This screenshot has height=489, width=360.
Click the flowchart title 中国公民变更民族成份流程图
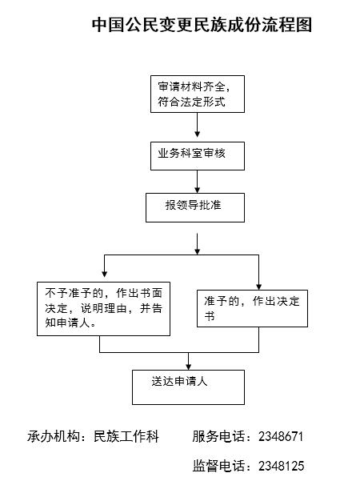coord(202,25)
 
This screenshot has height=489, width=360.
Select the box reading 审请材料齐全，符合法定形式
coord(198,94)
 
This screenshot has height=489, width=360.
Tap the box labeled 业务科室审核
coord(198,156)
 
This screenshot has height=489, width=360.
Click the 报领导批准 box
coord(195,207)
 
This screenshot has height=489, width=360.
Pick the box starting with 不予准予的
coord(103,309)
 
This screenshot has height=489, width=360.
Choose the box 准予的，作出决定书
coord(252,308)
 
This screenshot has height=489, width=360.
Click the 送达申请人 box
coord(188,387)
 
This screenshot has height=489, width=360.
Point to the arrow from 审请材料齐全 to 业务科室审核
coord(197,125)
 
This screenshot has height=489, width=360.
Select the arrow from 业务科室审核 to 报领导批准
coord(197,182)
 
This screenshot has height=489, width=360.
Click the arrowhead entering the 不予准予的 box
coord(105,274)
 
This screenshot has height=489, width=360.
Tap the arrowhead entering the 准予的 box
coord(258,287)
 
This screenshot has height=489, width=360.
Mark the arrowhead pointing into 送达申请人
coord(188,367)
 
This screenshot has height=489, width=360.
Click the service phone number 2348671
coord(281,436)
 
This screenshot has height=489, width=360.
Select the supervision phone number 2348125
coord(281,466)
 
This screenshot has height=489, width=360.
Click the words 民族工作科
coord(126,436)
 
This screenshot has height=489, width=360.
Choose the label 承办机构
coord(54,436)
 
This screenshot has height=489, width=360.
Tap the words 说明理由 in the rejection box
coord(103,308)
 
